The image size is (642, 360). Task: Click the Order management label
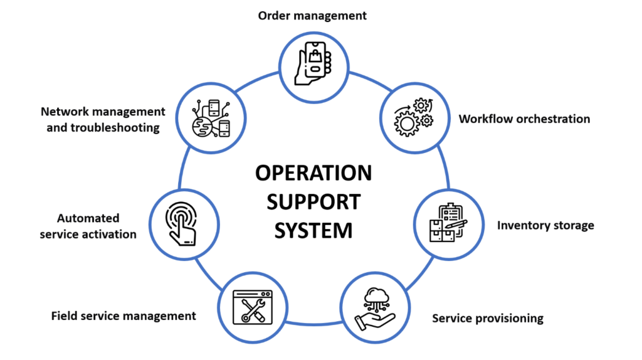coord(312,16)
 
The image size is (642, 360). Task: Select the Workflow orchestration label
coord(524,119)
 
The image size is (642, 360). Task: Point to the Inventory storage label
coord(545,225)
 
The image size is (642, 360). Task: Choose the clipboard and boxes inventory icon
coord(447,223)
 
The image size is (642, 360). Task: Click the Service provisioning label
coord(487,318)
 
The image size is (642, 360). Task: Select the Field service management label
coord(124,315)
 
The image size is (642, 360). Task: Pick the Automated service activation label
coord(88,226)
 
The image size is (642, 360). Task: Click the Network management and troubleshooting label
coord(103,119)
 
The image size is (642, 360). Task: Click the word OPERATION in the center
coord(313,172)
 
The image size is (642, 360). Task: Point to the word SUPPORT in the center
coord(313,201)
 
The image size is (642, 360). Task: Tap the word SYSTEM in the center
coord(313,230)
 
